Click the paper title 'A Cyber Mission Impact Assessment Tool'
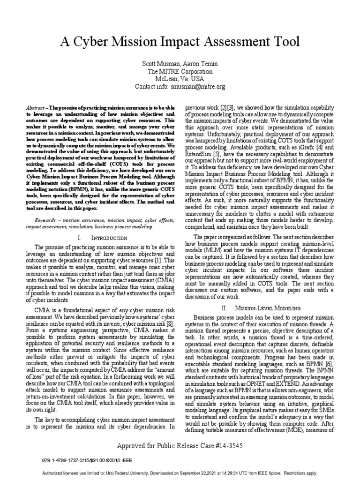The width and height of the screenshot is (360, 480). (180, 42)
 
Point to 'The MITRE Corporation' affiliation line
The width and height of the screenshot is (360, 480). (180, 72)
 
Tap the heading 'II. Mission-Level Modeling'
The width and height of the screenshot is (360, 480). (263, 307)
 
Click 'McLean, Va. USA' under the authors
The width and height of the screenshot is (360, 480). (180, 79)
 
